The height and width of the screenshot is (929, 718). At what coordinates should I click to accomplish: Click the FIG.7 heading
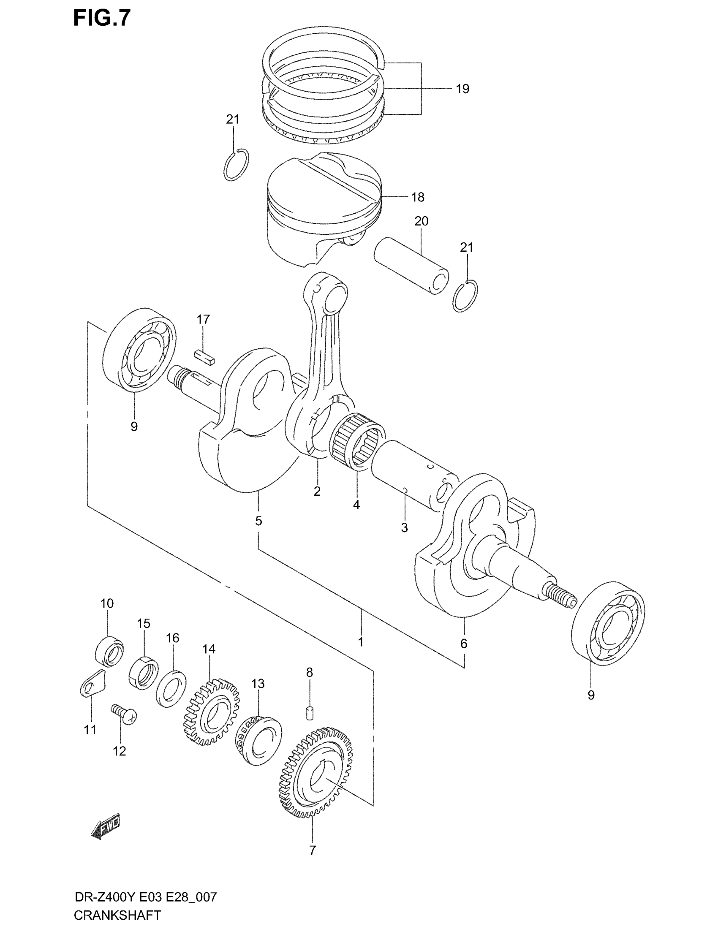coord(102,18)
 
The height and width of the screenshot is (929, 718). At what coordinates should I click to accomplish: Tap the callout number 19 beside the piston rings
coord(462,89)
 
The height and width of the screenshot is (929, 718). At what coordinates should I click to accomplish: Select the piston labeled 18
coord(323,209)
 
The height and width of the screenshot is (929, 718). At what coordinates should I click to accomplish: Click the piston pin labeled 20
coord(411,266)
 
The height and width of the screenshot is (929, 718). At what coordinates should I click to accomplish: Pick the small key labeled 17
coord(204,357)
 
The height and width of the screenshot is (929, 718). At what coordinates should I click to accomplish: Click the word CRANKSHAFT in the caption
coord(117,915)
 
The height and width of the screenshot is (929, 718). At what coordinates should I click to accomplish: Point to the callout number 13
coord(258,684)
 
